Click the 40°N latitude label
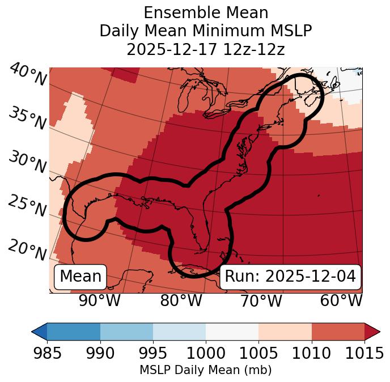pos(28,75)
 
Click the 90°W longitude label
pos(100,301)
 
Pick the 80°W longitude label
pos(181,301)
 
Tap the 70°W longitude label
pos(261,301)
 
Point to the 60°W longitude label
pos(341,301)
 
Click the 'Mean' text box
pos(80,277)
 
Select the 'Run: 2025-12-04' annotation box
pos(290,277)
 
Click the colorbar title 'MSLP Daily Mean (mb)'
pos(205,371)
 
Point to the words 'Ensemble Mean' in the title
pos(205,12)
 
